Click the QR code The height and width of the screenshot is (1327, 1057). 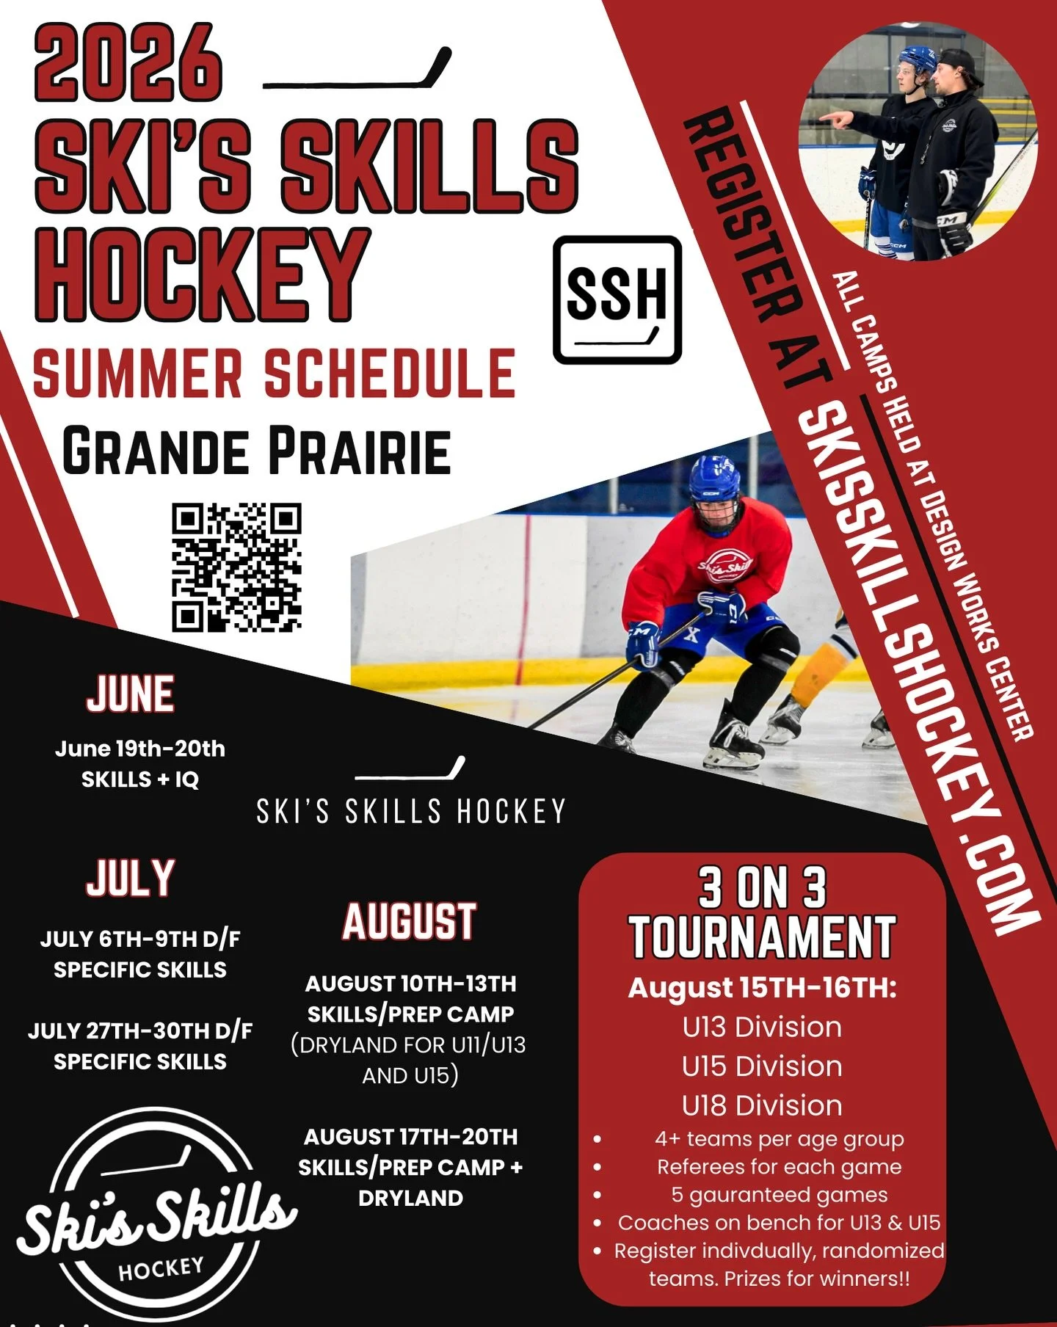pyautogui.click(x=236, y=567)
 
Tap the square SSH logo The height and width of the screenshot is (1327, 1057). pyautogui.click(x=617, y=299)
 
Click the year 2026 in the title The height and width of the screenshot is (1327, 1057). pyautogui.click(x=128, y=65)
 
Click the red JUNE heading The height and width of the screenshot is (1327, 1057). pyautogui.click(x=131, y=694)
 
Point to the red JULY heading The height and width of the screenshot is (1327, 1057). pyautogui.click(x=131, y=878)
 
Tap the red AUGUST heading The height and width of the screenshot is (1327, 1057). pyautogui.click(x=410, y=922)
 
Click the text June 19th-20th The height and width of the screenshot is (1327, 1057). pyautogui.click(x=140, y=749)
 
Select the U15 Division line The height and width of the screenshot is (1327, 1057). pyautogui.click(x=762, y=1066)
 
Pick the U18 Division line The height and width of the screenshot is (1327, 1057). pyautogui.click(x=762, y=1105)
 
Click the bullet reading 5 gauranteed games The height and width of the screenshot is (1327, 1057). pyautogui.click(x=779, y=1195)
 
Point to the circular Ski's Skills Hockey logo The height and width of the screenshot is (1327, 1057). pyautogui.click(x=158, y=1215)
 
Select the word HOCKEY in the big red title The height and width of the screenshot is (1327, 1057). pyautogui.click(x=200, y=275)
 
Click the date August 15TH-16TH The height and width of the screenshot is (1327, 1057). pyautogui.click(x=762, y=988)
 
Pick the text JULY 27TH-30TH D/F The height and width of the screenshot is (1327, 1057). pyautogui.click(x=140, y=1030)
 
